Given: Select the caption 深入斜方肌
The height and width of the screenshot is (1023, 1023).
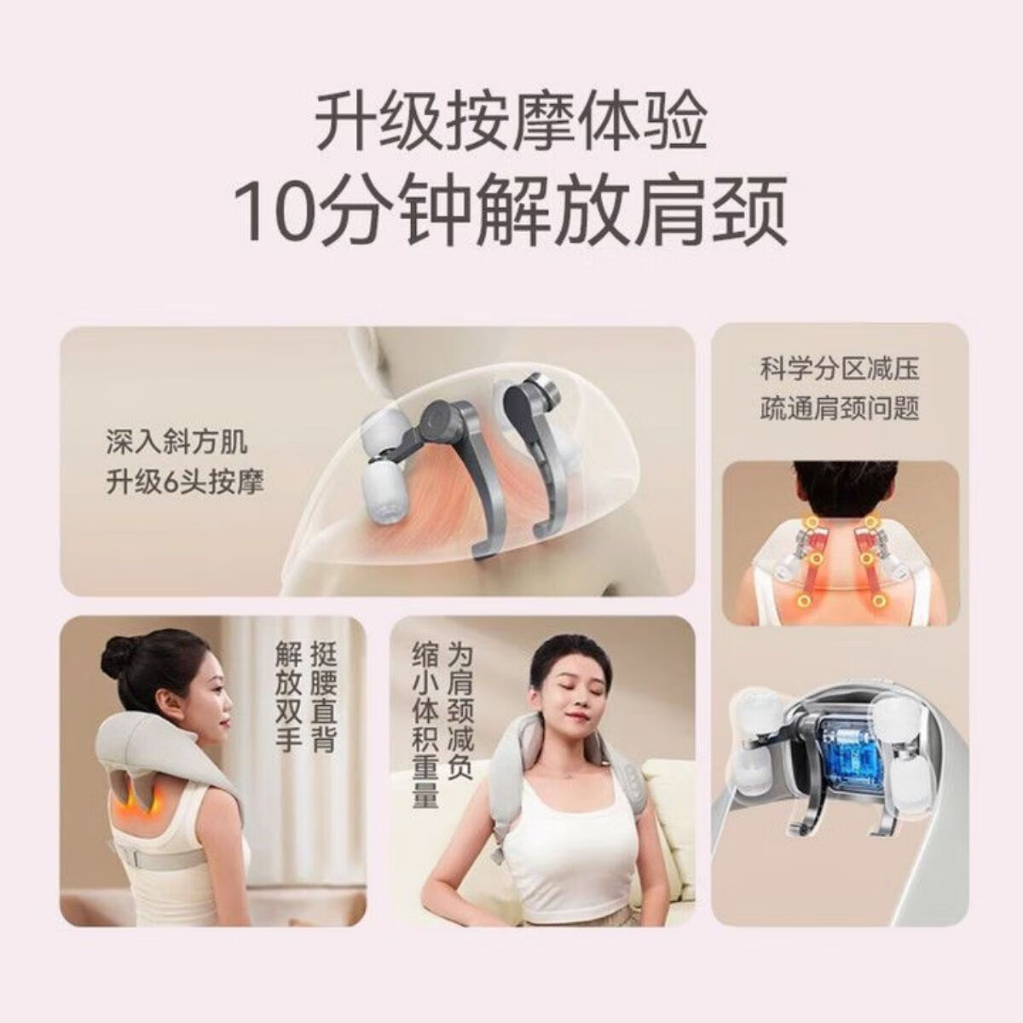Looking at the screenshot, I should click(176, 442).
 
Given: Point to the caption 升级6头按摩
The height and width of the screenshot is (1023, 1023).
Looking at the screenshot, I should click(184, 483).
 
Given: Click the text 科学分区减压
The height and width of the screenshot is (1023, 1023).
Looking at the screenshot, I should click(840, 369).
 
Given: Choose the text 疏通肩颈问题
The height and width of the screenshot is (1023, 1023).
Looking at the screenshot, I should click(840, 407).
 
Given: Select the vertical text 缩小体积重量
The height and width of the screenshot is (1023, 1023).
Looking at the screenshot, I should click(425, 725).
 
